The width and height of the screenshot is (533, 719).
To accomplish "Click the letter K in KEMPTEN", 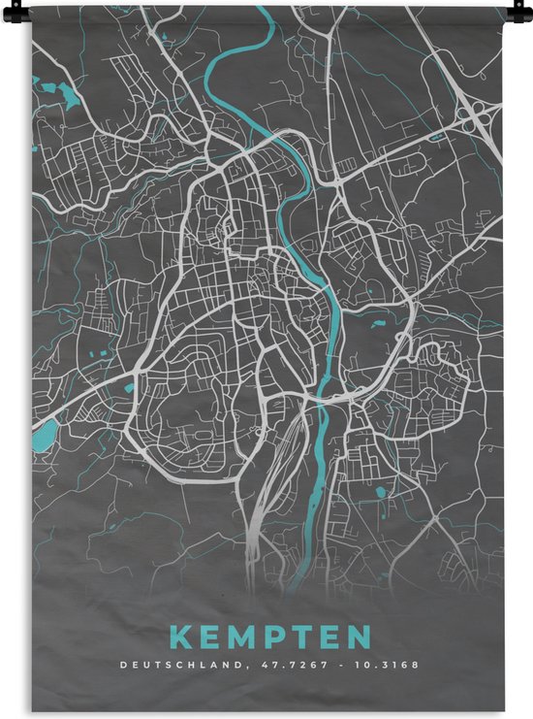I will click(x=181, y=637).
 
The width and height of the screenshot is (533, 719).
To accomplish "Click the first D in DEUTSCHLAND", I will click(x=122, y=667).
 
